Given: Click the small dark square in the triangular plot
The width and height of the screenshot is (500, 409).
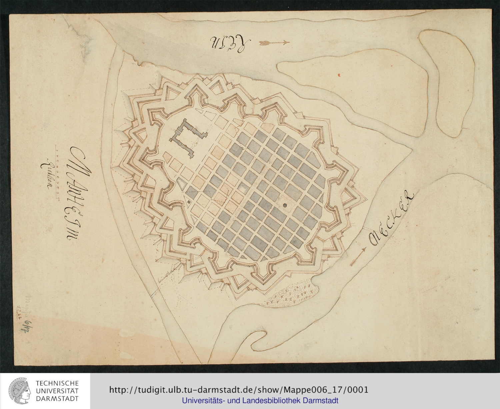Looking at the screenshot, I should click(189, 201).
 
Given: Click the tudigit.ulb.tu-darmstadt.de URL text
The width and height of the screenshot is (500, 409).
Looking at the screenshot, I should click(239, 390).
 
